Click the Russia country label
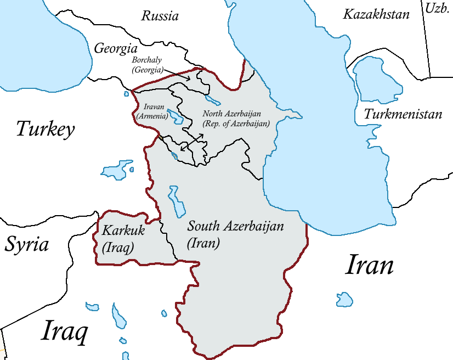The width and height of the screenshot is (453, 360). (x=160, y=15)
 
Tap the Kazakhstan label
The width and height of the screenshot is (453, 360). (x=376, y=14)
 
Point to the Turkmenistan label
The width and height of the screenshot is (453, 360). (x=403, y=115)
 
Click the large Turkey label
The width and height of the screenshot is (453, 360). (x=45, y=130)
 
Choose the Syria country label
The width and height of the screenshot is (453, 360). (x=27, y=244)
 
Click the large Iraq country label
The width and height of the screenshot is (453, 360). (x=64, y=332)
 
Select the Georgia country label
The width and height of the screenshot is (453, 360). (x=115, y=48)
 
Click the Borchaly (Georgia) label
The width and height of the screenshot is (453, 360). (x=148, y=65)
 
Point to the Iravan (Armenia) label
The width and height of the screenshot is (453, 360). (x=150, y=111)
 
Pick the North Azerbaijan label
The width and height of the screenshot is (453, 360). (x=236, y=119)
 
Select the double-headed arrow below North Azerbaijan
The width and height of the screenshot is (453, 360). (x=192, y=142)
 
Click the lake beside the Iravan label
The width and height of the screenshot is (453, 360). (x=175, y=116)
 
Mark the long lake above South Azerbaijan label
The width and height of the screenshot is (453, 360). (x=176, y=201)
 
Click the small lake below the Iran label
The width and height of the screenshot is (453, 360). (x=344, y=299)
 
